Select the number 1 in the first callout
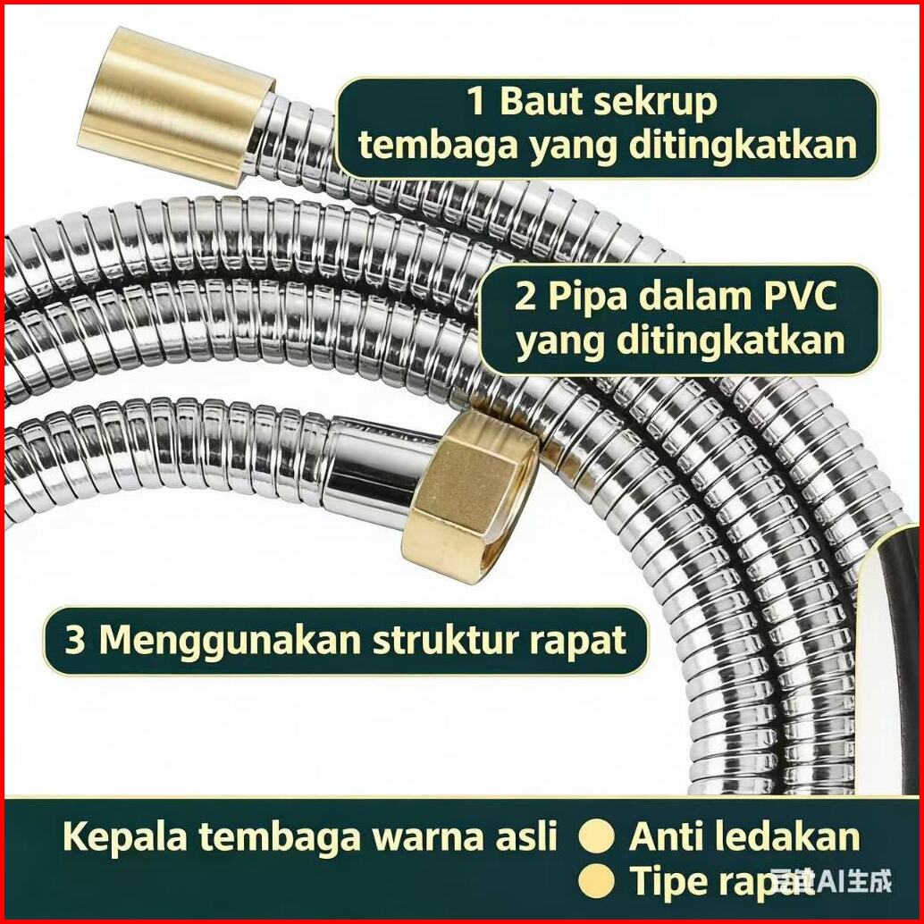coord(476,103)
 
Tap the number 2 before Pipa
coord(525,297)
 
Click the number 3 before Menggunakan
coord(75,640)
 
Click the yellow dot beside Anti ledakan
coord(597,838)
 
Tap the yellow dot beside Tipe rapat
coord(597,883)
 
